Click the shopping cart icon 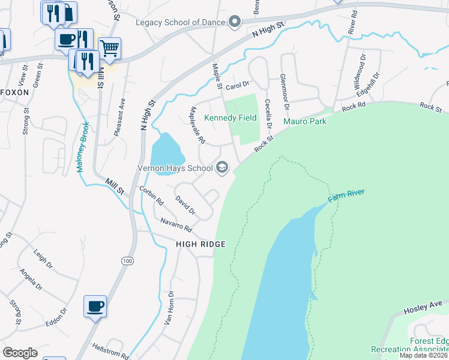click(109, 48)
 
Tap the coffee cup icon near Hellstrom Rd click(95, 306)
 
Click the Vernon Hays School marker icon click(222, 167)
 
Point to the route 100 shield click(127, 261)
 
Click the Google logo click(20, 353)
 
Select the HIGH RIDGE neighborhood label click(200, 244)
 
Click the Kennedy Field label click(231, 118)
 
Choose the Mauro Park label click(304, 121)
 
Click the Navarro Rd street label click(175, 225)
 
